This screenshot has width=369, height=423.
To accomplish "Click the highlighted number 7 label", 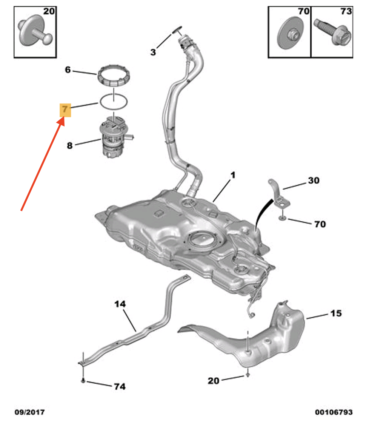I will tap(65, 110).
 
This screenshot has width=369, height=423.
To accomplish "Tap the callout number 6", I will tap(68, 70).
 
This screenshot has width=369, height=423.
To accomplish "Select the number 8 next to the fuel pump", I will tap(69, 145).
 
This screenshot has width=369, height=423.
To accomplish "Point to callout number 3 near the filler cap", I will tap(153, 52).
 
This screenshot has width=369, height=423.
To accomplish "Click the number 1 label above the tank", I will tap(233, 175).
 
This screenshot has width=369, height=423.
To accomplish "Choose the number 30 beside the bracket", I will tap(313, 181).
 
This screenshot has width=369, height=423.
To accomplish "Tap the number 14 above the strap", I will tap(120, 304).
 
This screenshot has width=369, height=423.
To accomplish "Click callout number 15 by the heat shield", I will tap(336, 313).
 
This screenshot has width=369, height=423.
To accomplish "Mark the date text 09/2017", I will tap(29, 411).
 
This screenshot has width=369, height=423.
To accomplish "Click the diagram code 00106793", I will tap(334, 411).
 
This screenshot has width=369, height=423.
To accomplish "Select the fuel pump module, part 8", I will tap(113, 140).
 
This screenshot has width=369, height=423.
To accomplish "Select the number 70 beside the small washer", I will tap(320, 224).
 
